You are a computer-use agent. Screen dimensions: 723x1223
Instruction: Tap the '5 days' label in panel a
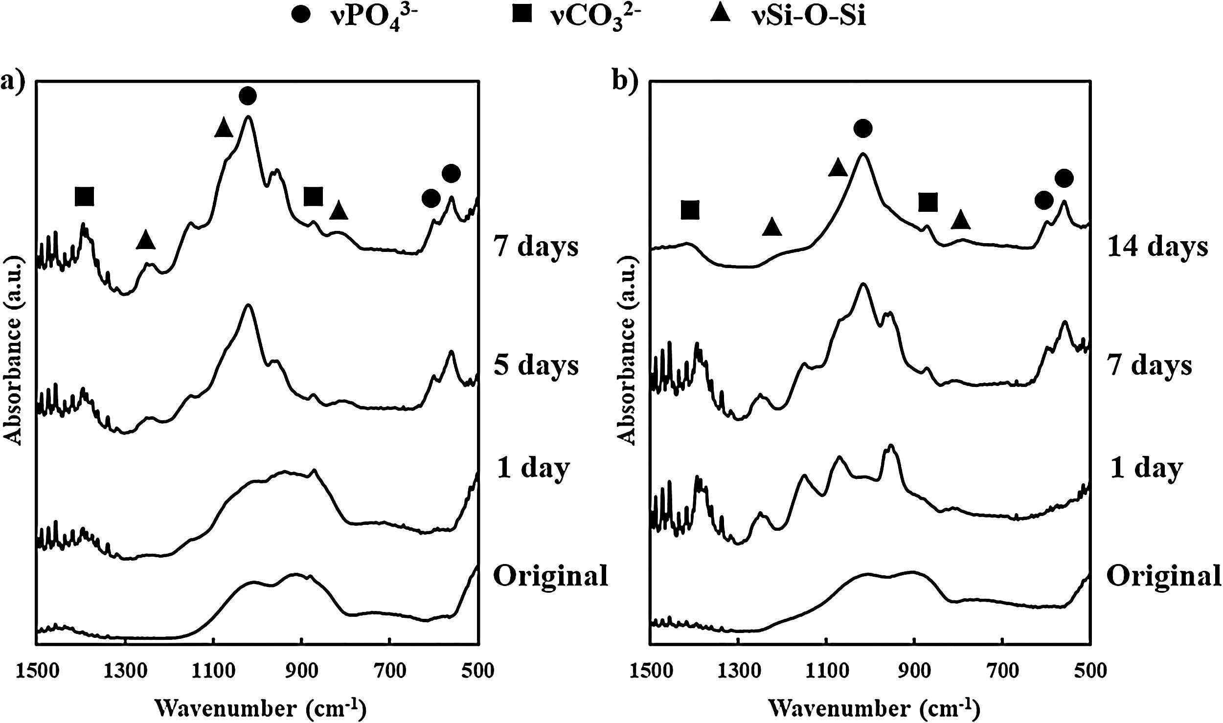pos(537,365)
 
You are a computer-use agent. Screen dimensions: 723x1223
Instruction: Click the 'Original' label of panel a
pos(551,576)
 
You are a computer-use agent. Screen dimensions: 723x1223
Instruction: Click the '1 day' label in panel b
pos(1145,469)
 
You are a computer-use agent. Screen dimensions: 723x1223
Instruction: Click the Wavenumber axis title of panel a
pos(260,708)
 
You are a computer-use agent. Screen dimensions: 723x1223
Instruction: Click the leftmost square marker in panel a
pos(84,196)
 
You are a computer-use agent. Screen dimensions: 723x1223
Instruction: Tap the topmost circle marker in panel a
pos(248,95)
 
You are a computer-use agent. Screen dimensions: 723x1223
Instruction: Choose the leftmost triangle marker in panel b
pos(772,227)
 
